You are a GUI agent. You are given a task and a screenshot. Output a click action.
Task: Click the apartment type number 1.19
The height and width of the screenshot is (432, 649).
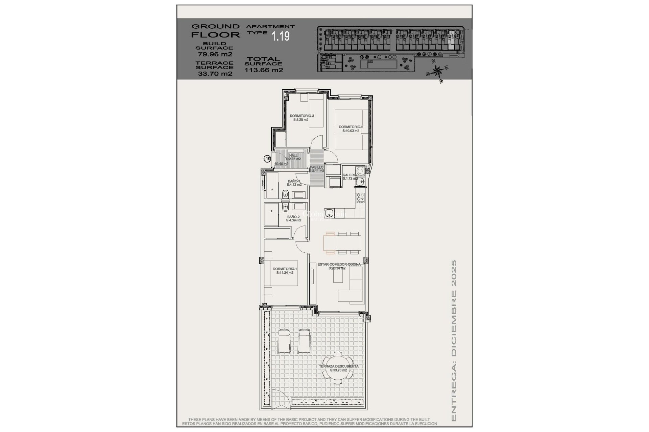[x=281, y=36]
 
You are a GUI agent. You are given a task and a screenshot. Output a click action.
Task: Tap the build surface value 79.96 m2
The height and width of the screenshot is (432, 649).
[x=215, y=54]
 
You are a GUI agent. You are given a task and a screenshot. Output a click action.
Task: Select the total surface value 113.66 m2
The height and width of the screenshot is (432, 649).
[x=264, y=70]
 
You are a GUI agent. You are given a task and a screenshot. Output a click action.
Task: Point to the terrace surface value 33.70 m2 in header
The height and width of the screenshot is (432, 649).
[x=215, y=74]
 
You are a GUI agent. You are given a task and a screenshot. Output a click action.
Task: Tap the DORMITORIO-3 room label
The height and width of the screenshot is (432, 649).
[x=302, y=116]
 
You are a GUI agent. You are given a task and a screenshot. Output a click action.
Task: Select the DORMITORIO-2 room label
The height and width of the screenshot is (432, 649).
[x=351, y=127]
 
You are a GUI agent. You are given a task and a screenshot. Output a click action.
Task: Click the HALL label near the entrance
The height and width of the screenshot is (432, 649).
[x=293, y=156]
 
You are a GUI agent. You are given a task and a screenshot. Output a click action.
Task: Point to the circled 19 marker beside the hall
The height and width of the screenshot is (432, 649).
[x=267, y=158]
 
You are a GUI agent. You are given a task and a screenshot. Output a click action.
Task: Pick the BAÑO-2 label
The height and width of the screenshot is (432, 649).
[x=293, y=217]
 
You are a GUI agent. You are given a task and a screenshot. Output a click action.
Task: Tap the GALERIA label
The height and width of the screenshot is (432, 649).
[x=350, y=175]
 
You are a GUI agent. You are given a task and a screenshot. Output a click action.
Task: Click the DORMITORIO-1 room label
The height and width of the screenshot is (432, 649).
[x=285, y=269]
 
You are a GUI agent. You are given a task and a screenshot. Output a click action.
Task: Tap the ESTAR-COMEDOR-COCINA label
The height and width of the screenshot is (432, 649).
[x=339, y=265]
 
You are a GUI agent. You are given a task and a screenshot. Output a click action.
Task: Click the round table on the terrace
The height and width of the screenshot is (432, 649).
[x=337, y=368]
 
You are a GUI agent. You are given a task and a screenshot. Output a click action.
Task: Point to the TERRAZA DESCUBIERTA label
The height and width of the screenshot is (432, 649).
[x=339, y=366]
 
